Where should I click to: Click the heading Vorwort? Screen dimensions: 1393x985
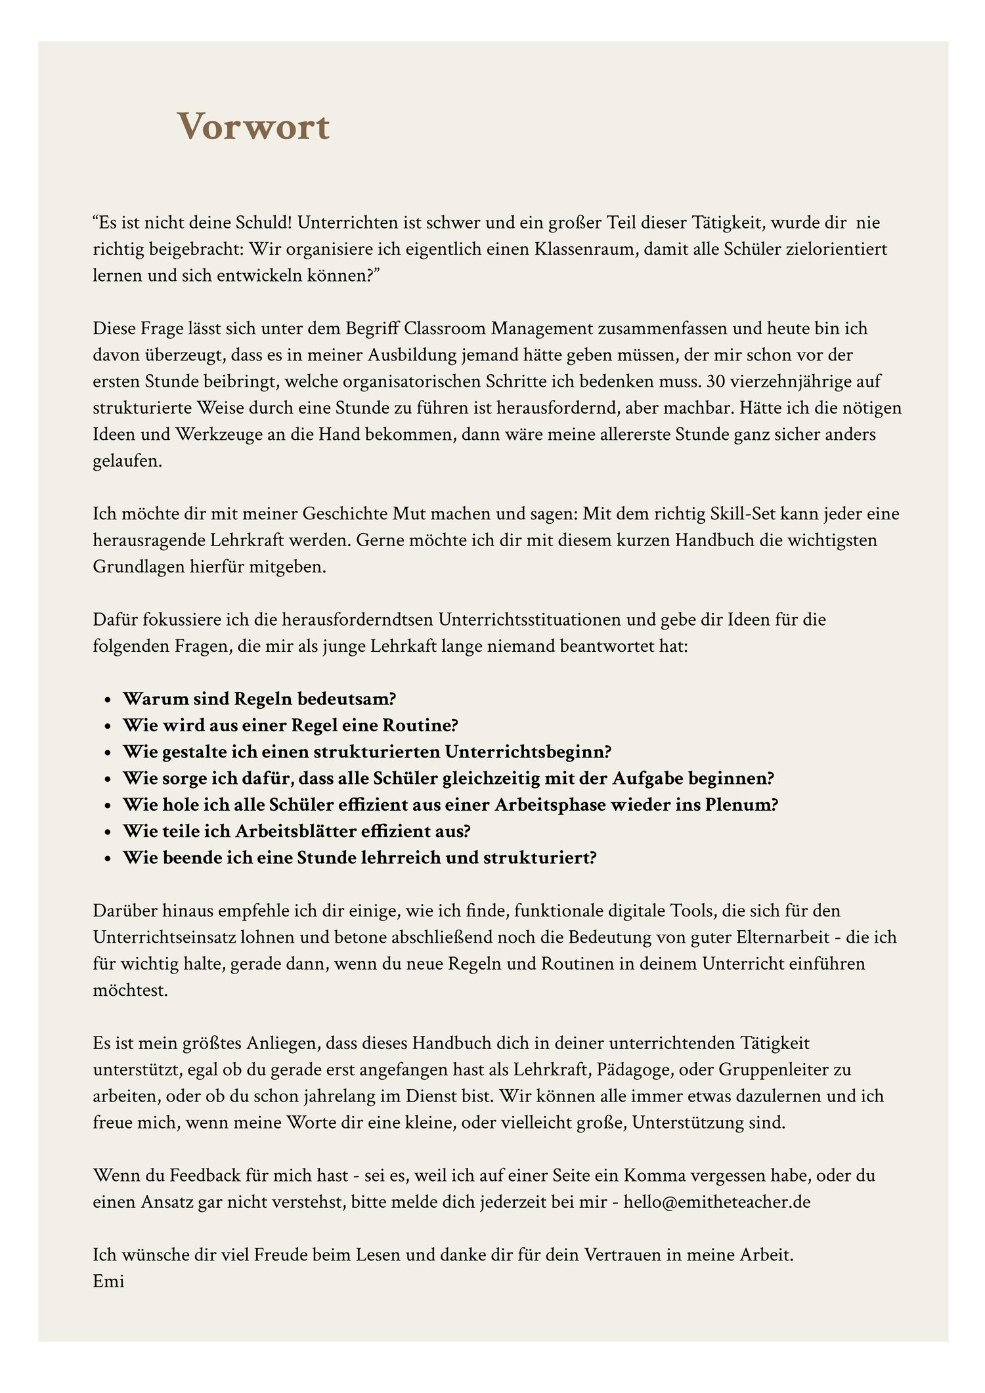pos(253,127)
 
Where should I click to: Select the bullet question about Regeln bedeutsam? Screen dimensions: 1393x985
pos(260,698)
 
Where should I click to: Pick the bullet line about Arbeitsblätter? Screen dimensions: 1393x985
pos(297,830)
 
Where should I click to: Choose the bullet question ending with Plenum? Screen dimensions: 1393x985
pos(450,804)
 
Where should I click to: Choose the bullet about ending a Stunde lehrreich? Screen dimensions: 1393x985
pos(359,857)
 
